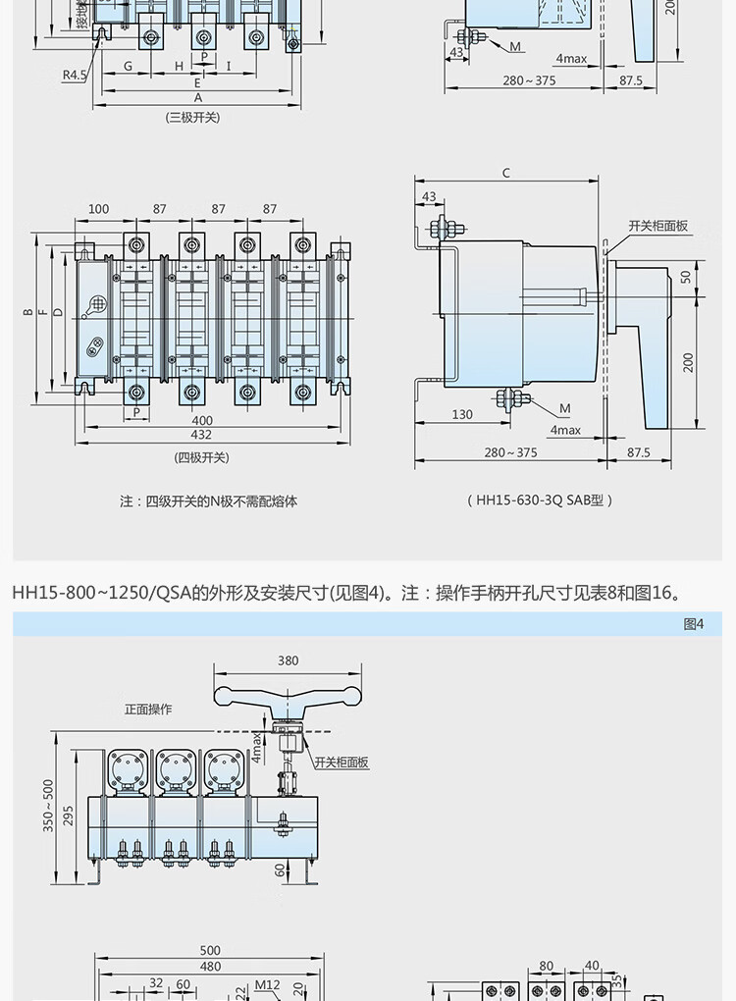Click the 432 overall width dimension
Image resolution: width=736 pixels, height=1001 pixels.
pos(200,435)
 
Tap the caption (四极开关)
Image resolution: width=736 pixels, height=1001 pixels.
pos(201,457)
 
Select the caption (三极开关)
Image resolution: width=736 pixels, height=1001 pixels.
pos(193,117)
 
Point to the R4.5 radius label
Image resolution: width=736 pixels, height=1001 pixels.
pos(75,75)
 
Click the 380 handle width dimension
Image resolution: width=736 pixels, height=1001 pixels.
pos(288,660)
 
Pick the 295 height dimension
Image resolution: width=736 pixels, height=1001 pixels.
pos(69,815)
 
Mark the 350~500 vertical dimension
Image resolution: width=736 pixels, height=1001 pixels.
pos(48,806)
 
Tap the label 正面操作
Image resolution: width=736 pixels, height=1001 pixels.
pos(148,709)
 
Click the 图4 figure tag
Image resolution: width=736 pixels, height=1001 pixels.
pos(693,624)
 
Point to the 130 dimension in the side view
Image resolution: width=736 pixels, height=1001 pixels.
pos(462,414)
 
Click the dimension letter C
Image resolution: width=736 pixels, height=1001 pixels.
pos(506,174)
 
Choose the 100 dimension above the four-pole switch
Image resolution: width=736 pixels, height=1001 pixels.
pos(98,209)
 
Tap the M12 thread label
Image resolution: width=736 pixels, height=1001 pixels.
pos(267,985)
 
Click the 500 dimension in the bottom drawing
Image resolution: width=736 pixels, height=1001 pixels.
pos(210,950)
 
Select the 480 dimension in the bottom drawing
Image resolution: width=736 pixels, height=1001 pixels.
pos(210,966)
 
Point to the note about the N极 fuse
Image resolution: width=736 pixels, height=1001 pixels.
pos(208,500)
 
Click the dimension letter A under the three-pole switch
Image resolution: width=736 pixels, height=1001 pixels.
pos(197,98)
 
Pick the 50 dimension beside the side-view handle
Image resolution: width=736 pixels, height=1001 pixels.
pos(686,276)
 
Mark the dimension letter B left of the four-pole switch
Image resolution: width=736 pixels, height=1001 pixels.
pos(28,312)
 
